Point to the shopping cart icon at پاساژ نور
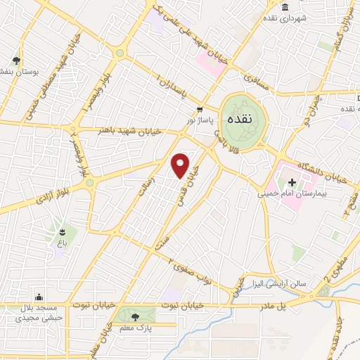(x=200, y=110)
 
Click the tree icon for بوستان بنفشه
(x=18, y=61)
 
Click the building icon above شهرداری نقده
(x=285, y=8)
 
